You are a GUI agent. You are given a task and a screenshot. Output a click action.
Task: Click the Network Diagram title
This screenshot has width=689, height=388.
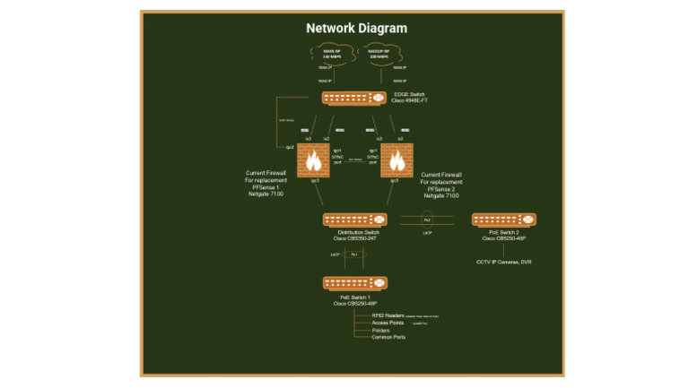356,28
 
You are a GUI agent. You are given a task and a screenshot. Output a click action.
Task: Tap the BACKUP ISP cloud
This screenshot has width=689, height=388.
382,55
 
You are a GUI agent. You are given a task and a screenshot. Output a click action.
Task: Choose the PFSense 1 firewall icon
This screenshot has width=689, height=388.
314,160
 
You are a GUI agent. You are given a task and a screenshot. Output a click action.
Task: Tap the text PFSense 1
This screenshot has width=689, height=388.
265,187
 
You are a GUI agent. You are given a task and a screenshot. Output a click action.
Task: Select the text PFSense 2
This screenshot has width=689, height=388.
440,188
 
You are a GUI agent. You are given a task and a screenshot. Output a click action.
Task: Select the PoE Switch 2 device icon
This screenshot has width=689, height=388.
503,220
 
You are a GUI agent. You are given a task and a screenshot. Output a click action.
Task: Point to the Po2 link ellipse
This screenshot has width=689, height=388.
428,220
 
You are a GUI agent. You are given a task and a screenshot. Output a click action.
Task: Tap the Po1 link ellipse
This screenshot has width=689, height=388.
353,255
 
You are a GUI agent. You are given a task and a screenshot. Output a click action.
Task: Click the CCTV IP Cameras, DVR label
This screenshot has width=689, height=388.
503,263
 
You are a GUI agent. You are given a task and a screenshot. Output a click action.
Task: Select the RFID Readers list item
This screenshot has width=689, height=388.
388,315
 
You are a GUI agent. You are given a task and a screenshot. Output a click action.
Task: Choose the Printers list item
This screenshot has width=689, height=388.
381,330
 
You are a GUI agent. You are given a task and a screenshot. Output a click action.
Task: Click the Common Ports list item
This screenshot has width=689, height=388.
388,337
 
